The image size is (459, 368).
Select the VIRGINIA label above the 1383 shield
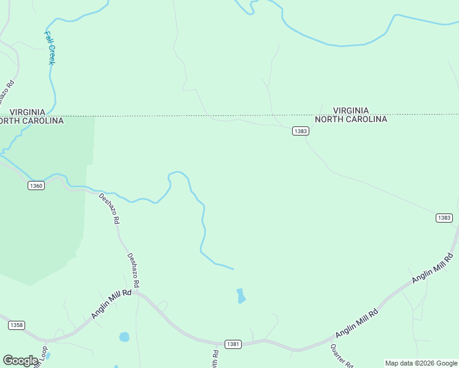351,110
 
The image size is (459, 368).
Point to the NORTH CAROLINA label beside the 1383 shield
351,119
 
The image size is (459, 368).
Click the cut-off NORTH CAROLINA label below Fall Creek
31,120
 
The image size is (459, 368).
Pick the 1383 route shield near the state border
301,131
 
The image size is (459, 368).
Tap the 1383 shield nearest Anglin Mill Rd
444,218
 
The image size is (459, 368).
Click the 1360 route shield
36,185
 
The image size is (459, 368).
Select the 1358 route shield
17,325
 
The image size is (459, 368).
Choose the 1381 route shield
233,344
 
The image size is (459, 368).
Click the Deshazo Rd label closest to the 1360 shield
109,209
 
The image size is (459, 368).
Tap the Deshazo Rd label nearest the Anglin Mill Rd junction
133,270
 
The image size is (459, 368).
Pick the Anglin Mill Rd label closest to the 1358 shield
112,304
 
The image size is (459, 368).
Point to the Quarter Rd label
341,356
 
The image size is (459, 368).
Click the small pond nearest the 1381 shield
241,296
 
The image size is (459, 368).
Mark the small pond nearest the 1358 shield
125,337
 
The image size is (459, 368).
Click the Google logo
20,361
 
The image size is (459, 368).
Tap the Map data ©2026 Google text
421,363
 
